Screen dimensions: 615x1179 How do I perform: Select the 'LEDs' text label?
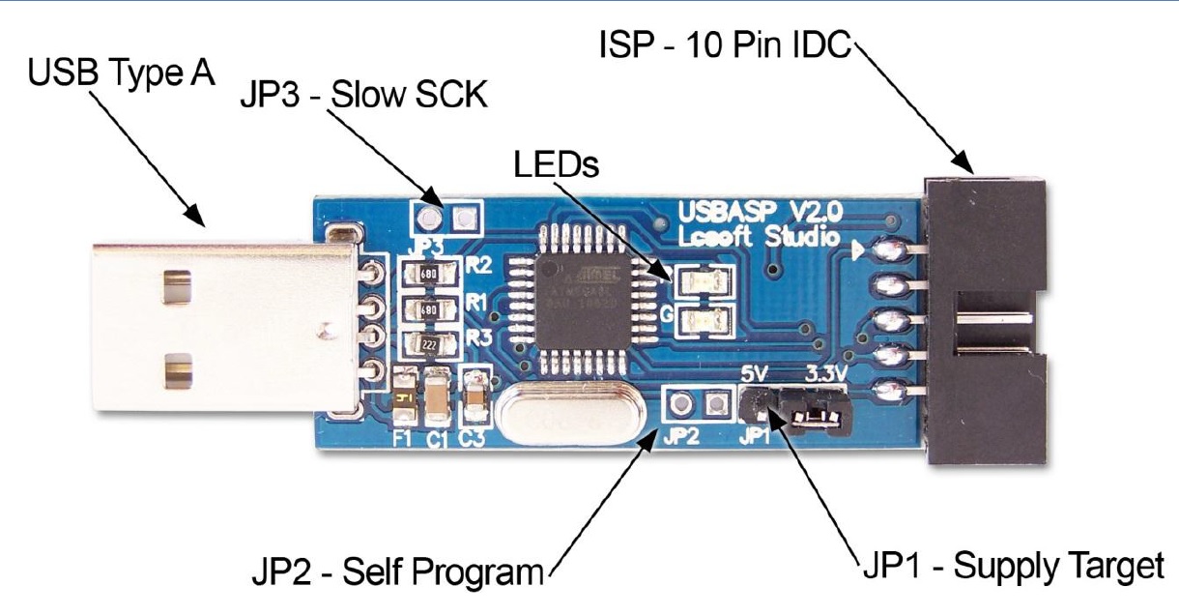pos(556,163)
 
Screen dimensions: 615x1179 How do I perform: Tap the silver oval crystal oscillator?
pos(554,413)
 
